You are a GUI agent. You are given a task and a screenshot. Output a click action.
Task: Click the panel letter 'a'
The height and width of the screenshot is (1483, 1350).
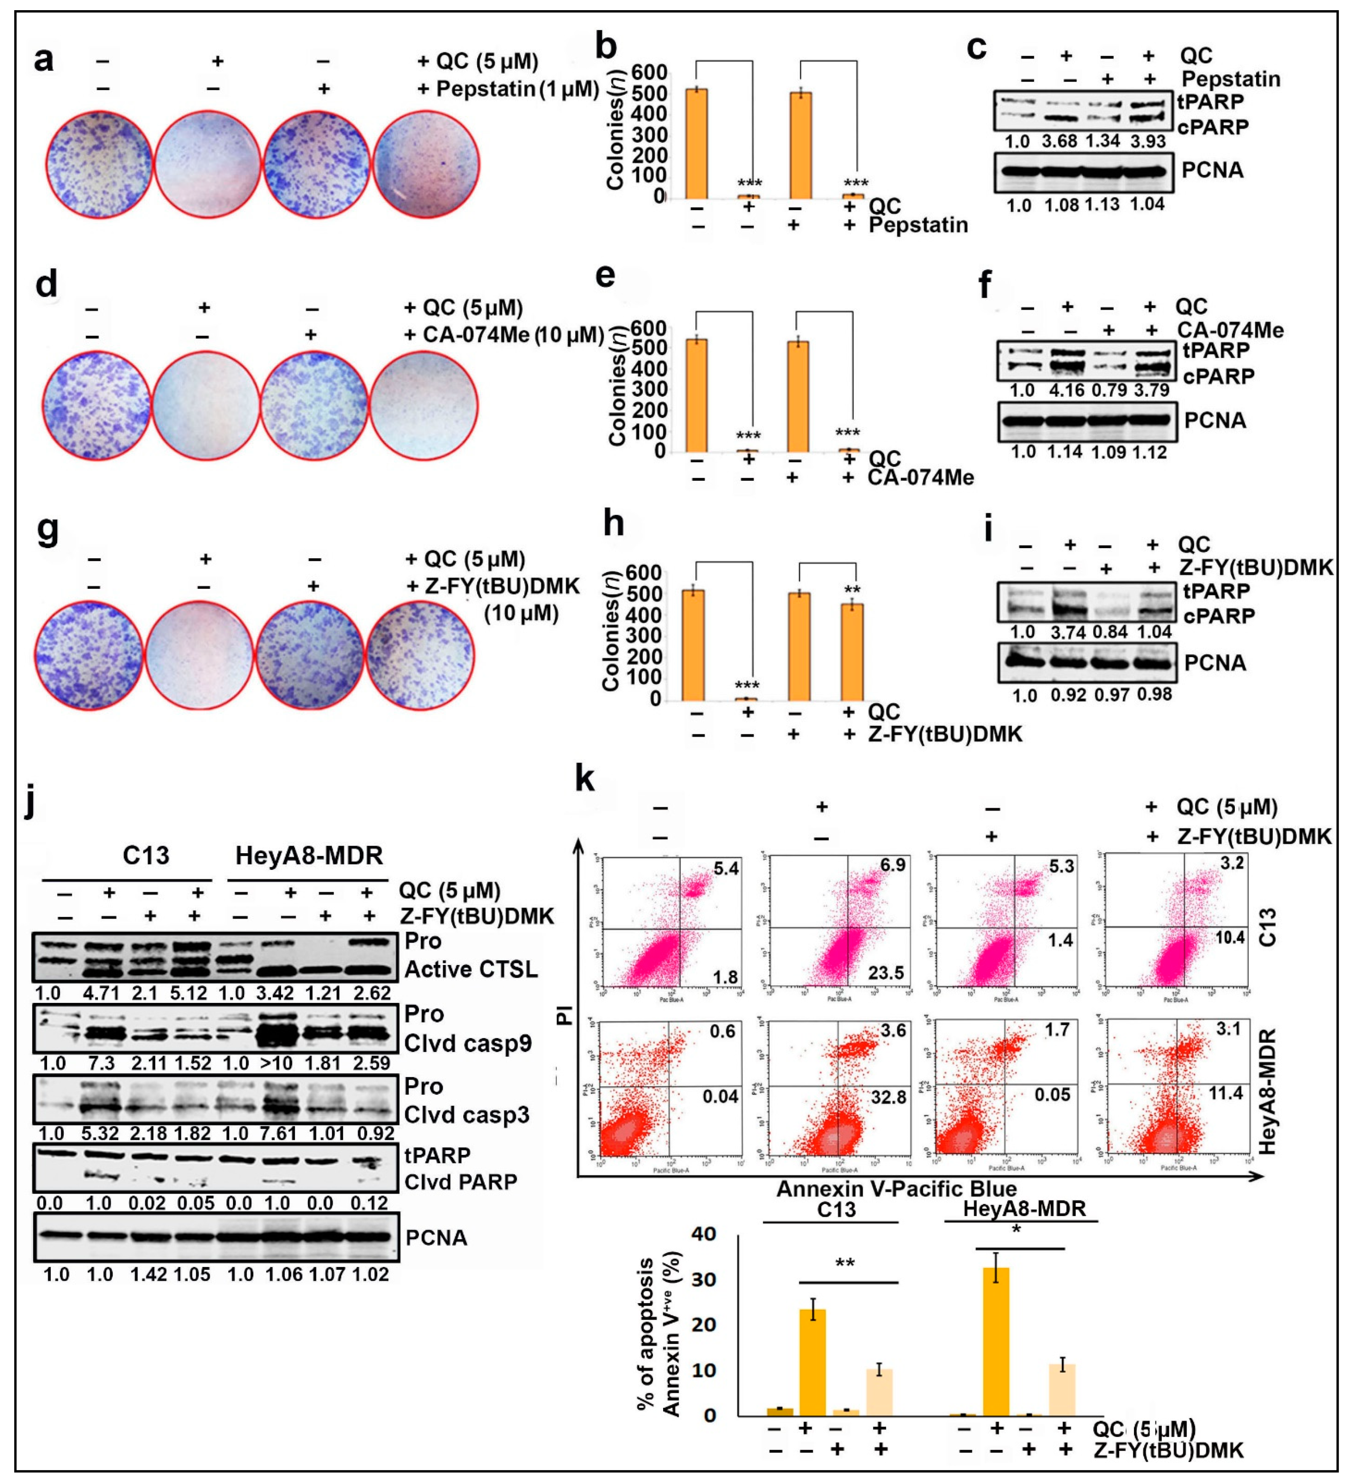[44, 59]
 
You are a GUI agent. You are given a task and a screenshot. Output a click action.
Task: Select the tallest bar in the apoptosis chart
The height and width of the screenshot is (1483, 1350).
[996, 1341]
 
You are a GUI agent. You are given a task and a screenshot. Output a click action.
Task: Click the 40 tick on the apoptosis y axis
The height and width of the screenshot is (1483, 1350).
[705, 1234]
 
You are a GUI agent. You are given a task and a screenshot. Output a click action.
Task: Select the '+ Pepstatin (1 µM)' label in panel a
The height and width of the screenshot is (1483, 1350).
[508, 89]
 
